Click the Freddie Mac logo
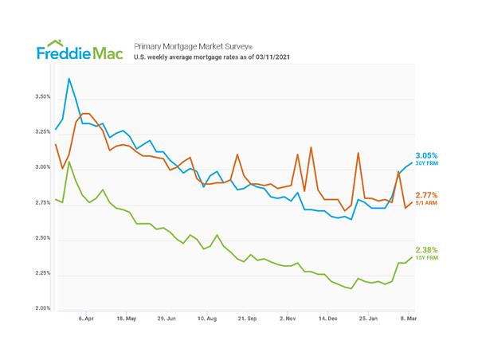[79, 53]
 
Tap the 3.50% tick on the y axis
[40, 96]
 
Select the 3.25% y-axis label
[40, 132]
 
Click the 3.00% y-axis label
[40, 167]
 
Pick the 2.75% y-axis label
[40, 203]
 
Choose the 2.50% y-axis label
[40, 238]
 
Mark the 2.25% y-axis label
[40, 273]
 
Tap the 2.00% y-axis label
[40, 308]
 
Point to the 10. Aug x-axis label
[206, 317]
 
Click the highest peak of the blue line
[69, 78]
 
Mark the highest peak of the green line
[69, 162]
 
